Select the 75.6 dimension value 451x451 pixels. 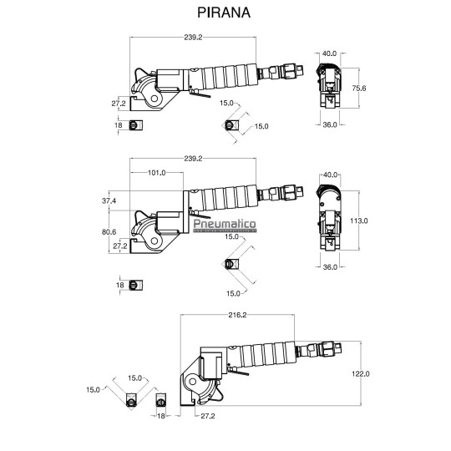(x=359, y=88)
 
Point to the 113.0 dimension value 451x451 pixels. (x=359, y=220)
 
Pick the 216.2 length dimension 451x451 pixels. (x=237, y=315)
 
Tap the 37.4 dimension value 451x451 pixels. (x=109, y=201)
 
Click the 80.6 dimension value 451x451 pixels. (x=109, y=232)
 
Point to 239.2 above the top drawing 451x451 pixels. (x=191, y=37)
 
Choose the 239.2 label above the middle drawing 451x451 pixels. (x=191, y=159)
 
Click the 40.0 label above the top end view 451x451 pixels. (x=329, y=53)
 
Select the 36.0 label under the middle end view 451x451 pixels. (x=329, y=267)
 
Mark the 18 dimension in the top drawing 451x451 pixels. (x=118, y=124)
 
